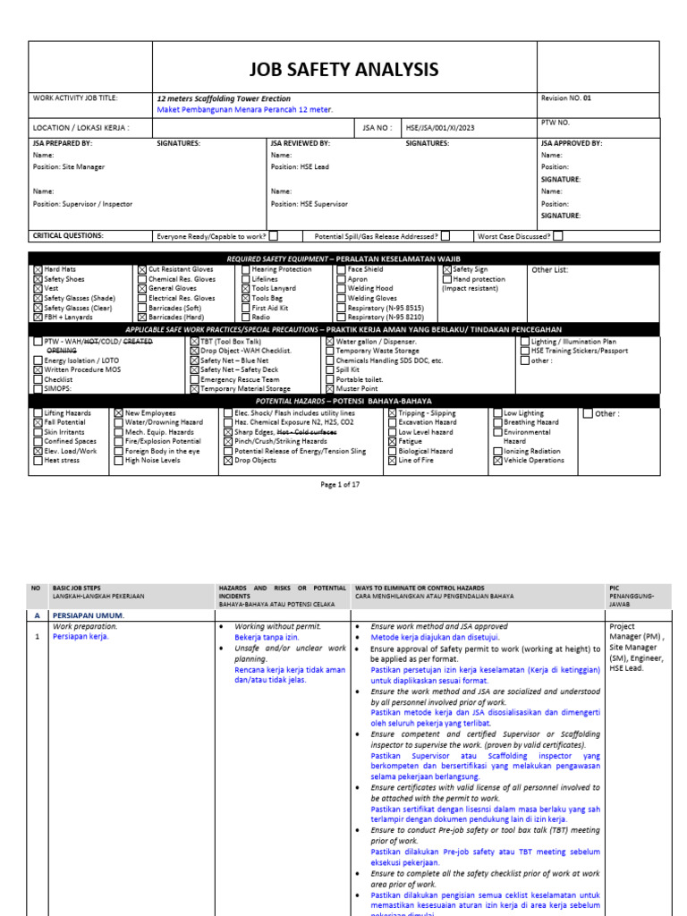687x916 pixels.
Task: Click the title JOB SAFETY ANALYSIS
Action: [345, 69]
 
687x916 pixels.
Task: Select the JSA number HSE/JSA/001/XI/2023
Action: [440, 128]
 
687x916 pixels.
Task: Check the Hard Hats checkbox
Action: [38, 269]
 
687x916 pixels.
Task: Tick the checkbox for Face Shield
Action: [341, 269]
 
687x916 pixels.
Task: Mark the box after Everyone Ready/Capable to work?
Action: [273, 236]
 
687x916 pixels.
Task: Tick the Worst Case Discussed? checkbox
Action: [557, 236]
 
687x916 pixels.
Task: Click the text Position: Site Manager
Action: [69, 167]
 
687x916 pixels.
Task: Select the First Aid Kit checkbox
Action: [243, 308]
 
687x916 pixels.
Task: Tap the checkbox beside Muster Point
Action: [329, 389]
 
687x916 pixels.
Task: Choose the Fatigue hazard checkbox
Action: [392, 442]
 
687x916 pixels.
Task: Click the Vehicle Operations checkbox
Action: [497, 461]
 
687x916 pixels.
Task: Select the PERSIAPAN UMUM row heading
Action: [89, 615]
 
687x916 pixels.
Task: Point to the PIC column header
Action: [614, 588]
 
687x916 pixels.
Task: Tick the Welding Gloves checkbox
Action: [341, 298]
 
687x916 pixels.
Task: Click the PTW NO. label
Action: [556, 122]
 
